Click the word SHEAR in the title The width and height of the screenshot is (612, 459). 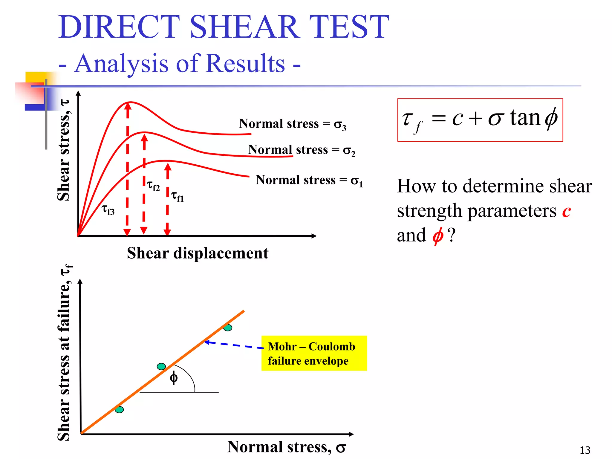click(x=244, y=27)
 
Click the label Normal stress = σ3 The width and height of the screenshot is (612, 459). click(x=292, y=124)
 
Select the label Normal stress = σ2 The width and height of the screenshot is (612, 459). click(x=301, y=150)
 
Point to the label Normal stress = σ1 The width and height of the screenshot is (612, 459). click(x=309, y=180)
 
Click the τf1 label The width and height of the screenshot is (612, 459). click(x=177, y=196)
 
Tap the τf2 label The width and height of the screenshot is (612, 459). click(x=153, y=186)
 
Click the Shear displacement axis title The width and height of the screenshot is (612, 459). click(x=198, y=253)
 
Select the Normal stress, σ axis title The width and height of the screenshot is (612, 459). click(x=286, y=447)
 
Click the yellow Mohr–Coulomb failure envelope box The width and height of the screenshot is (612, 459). click(x=314, y=353)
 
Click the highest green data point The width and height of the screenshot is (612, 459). click(x=228, y=328)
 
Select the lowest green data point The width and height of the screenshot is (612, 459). click(x=119, y=410)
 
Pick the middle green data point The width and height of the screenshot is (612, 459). click(x=161, y=366)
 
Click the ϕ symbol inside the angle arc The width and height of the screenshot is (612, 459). click(x=174, y=378)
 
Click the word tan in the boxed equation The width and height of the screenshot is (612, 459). click(x=525, y=118)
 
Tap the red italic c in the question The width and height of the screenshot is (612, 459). click(x=566, y=211)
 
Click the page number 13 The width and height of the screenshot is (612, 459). click(x=585, y=450)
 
